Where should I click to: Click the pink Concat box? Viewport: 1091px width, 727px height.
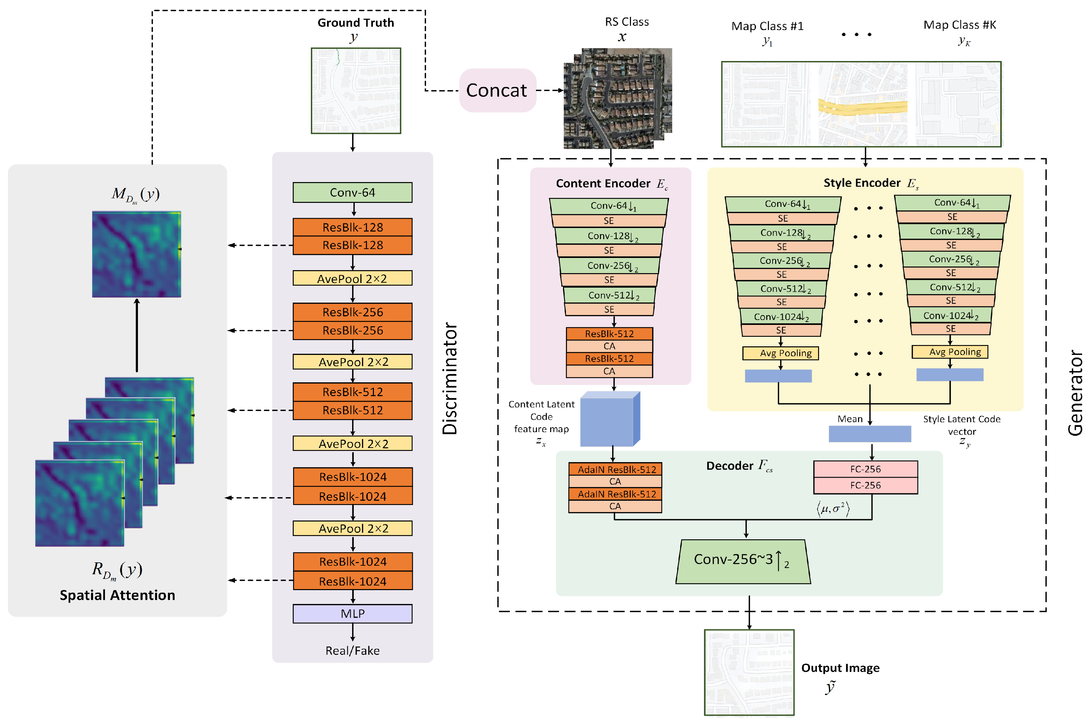tap(497, 90)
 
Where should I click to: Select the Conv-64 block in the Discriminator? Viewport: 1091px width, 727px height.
tap(352, 192)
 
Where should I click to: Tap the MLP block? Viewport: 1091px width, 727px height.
tap(352, 614)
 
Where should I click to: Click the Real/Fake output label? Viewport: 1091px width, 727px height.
tap(352, 651)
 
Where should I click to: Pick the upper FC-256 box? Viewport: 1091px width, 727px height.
tap(866, 469)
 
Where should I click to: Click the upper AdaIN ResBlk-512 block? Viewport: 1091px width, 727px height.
tap(615, 469)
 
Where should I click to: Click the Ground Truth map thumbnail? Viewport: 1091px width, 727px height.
tap(356, 91)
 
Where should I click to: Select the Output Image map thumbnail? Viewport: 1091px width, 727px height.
tap(749, 672)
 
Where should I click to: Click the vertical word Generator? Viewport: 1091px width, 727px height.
tap(1075, 393)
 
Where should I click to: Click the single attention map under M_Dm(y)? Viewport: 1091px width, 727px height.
tap(136, 254)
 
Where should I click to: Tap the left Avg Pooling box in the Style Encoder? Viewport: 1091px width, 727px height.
tap(781, 353)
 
